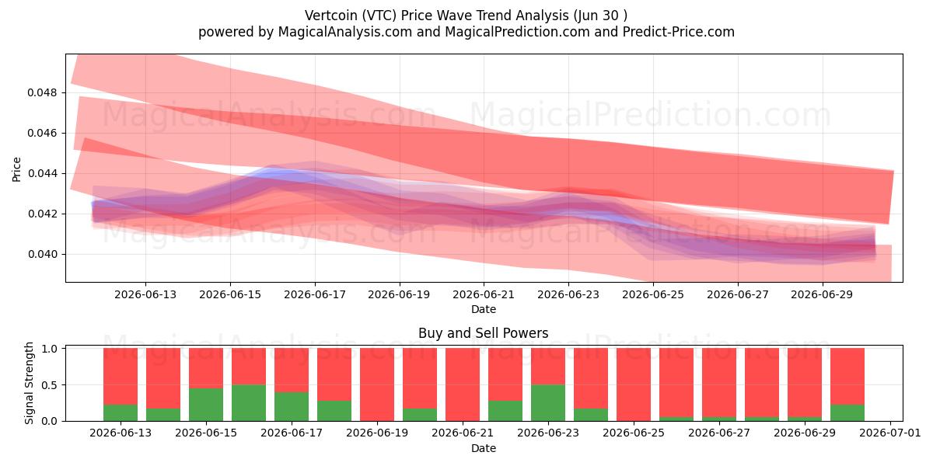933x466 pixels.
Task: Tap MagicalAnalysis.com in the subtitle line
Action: click(x=345, y=32)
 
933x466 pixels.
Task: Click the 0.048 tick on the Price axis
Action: click(x=42, y=92)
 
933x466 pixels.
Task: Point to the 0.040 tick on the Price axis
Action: click(x=42, y=254)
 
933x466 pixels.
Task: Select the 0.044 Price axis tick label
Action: click(x=42, y=173)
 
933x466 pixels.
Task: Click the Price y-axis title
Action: click(x=16, y=169)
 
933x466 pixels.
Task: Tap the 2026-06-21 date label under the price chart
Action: click(x=484, y=294)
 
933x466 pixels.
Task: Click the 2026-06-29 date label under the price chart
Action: click(x=822, y=294)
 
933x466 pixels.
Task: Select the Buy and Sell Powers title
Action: click(x=483, y=333)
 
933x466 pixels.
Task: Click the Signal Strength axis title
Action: click(x=29, y=383)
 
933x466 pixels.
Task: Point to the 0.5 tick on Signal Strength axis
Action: click(x=50, y=385)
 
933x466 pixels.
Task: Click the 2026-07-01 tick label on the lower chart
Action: click(x=890, y=433)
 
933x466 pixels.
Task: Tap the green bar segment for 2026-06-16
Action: click(x=249, y=403)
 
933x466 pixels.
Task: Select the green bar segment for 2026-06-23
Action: click(x=548, y=403)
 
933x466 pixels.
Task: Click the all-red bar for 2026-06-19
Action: click(x=377, y=384)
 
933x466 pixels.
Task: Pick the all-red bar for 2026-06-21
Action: click(x=463, y=384)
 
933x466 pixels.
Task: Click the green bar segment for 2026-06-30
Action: click(x=847, y=412)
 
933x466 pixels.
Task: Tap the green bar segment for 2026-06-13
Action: click(x=121, y=412)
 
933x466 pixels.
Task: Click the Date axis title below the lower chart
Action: click(x=483, y=449)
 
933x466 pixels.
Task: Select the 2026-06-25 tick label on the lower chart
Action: click(x=634, y=433)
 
